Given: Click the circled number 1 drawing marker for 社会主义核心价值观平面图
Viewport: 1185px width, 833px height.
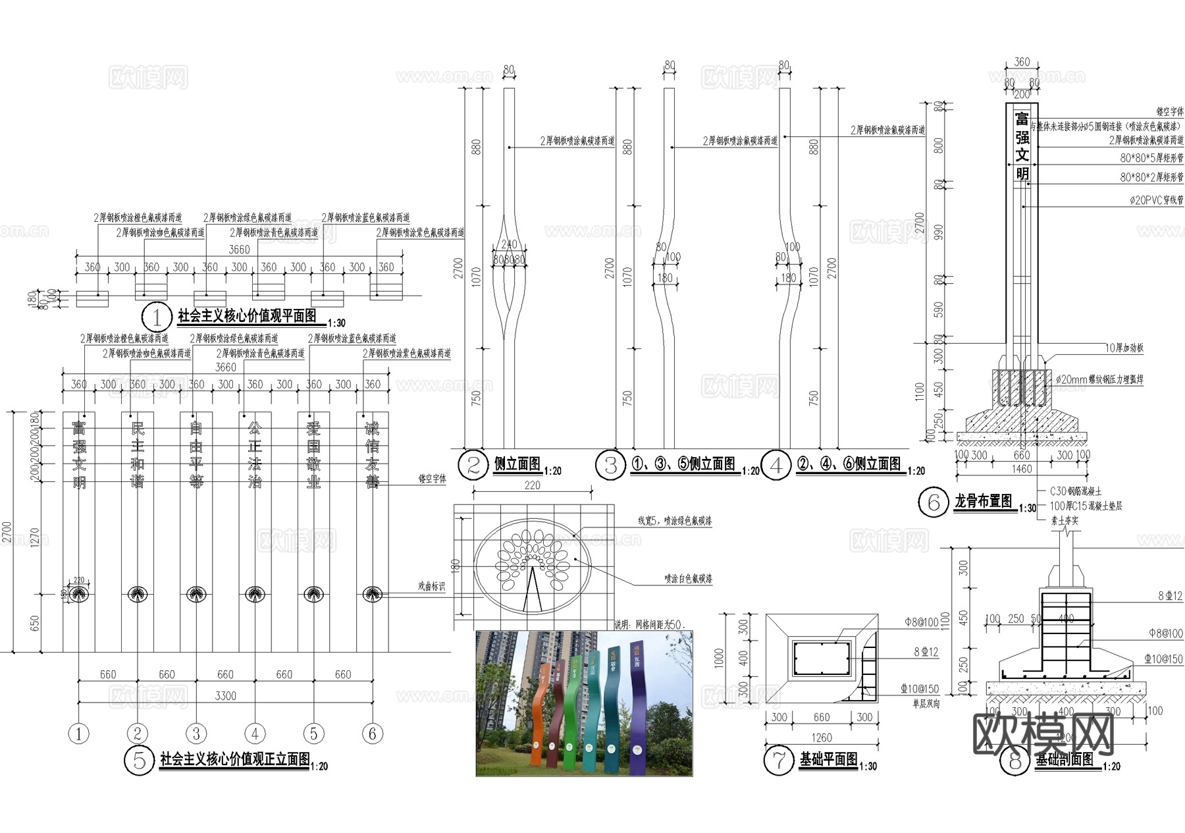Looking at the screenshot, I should (157, 318).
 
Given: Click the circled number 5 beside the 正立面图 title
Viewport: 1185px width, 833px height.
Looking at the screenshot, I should (139, 761).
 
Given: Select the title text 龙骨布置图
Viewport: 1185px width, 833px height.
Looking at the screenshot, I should (983, 501).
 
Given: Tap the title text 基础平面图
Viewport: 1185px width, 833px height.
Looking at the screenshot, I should (828, 759).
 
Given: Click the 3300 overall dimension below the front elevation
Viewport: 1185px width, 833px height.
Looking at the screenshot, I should (225, 696).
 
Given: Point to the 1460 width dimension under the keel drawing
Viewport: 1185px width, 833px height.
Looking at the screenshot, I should (1021, 469).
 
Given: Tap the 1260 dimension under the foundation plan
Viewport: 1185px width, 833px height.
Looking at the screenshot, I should (821, 738).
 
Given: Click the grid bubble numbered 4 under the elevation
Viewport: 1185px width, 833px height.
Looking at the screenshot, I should (255, 734).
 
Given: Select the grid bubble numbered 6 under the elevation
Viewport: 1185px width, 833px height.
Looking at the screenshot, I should (373, 734).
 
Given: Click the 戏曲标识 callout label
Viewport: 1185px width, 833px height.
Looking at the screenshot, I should (431, 586).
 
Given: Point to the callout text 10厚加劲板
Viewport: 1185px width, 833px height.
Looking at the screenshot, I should (1124, 348).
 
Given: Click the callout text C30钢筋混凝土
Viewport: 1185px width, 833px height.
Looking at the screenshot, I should (1075, 491).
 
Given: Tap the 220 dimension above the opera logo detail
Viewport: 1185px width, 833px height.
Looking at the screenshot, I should (532, 485).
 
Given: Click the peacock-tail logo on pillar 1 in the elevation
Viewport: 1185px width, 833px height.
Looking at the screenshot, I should (79, 594).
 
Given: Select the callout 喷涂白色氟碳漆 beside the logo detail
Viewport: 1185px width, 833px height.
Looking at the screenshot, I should (688, 579).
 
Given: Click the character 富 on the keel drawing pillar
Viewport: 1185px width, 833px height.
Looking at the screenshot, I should (1022, 119).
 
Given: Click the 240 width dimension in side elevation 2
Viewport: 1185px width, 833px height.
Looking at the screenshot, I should (509, 244).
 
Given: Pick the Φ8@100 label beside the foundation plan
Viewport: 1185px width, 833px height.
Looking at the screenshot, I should (922, 622).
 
